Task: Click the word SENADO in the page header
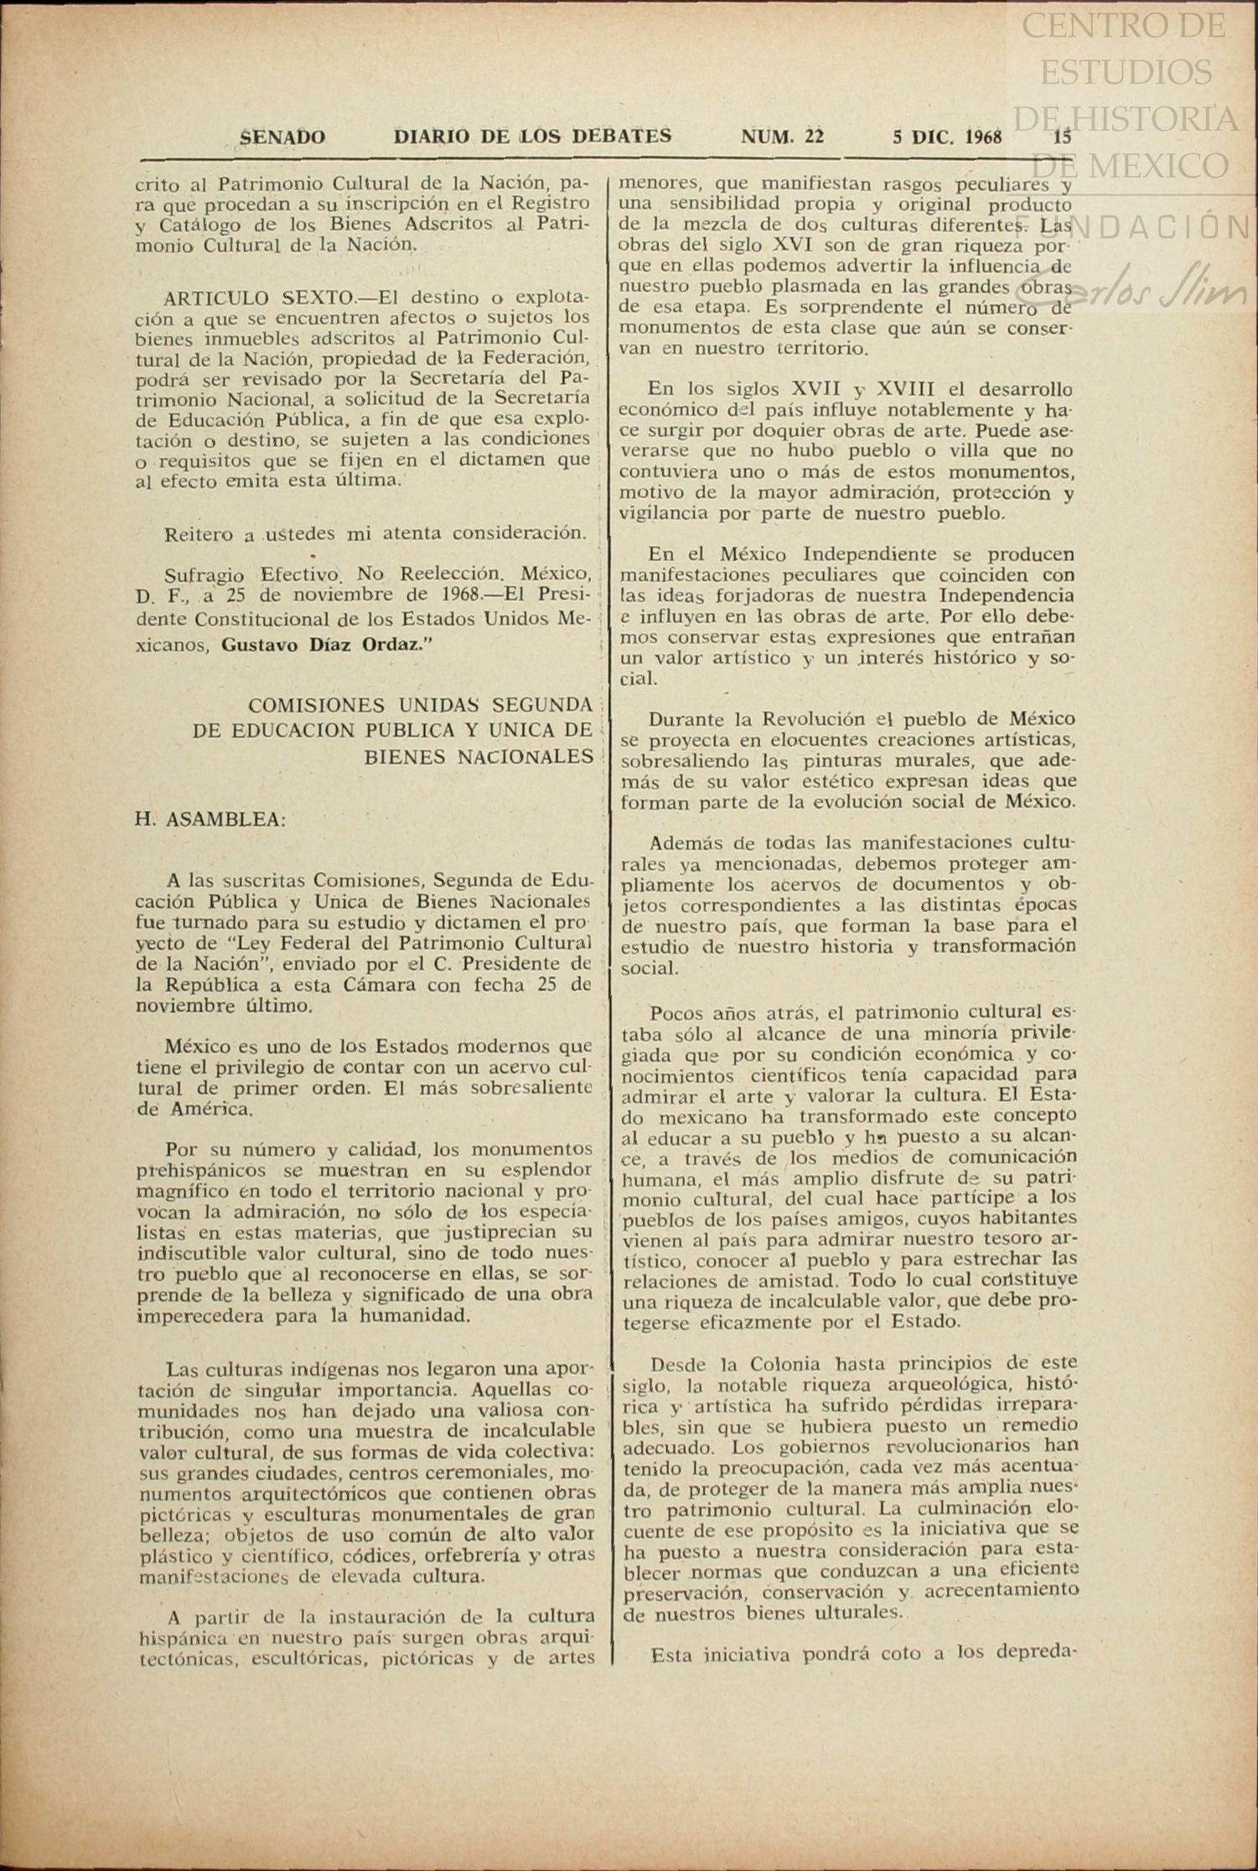click(x=282, y=137)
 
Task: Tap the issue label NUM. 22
click(x=782, y=137)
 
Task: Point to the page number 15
click(x=1062, y=137)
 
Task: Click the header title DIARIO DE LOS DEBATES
click(x=532, y=137)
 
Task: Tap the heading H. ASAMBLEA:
click(x=210, y=819)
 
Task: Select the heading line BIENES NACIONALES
click(x=479, y=757)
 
